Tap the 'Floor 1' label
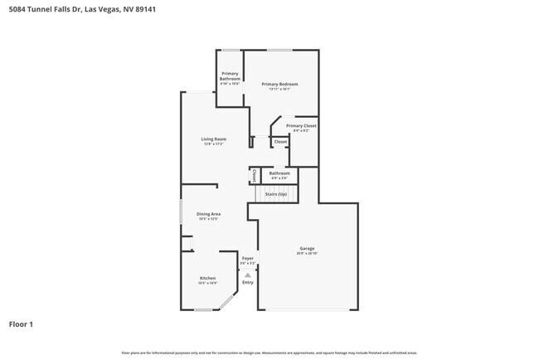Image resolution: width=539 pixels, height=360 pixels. pos(22,324)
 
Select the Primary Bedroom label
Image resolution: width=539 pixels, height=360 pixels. pos(279,85)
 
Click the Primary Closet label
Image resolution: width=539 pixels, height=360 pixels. pos(301,125)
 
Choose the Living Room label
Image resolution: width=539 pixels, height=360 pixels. pos(213,139)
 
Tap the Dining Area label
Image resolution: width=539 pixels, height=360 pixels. pos(208,214)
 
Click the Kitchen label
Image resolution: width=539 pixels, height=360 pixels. pos(207,278)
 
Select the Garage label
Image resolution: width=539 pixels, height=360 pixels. pos(307,248)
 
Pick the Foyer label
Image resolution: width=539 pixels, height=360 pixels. pos(247,258)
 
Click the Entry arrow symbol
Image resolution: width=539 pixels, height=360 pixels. pos(247,275)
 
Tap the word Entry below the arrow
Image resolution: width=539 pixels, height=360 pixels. pos(247,283)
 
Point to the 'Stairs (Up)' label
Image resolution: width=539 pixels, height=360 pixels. pos(275,194)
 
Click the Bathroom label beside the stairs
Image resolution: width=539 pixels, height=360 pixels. pos(279,173)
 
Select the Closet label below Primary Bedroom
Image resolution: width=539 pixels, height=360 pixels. pos(280,142)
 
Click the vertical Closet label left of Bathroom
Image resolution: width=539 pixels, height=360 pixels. pos(254,175)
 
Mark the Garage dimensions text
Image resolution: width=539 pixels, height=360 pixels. pos(307,253)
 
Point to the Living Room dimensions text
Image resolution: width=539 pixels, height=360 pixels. pos(213,144)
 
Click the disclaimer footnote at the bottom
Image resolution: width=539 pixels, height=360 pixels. pos(269,353)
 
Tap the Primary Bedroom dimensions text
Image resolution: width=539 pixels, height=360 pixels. pos(279,90)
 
